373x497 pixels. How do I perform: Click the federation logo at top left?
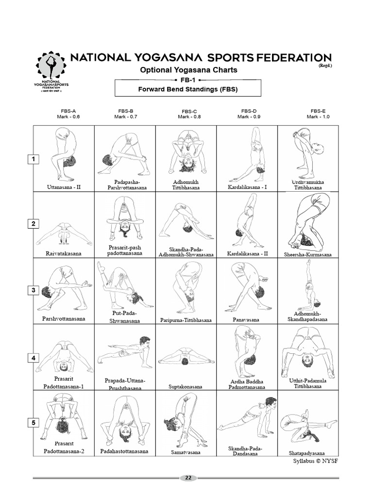coord(52,72)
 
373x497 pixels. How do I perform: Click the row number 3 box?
coord(34,290)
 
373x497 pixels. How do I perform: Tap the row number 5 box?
coord(34,423)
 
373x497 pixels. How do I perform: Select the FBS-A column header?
coord(64,111)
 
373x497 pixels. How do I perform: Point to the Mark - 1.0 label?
coord(318,116)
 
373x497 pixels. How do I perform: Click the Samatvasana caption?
coord(186,452)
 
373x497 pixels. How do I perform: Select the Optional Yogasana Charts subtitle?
coord(188,70)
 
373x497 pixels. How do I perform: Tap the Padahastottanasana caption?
coord(125,451)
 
